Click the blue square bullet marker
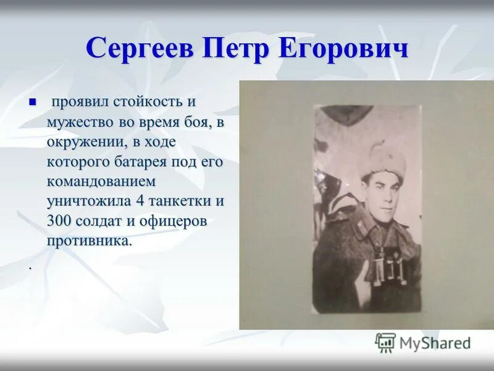click(33, 101)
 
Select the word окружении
click(83, 142)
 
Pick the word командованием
click(101, 182)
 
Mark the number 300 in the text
click(59, 222)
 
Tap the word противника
click(89, 242)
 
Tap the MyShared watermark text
click(435, 343)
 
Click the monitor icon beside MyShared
click(385, 342)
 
